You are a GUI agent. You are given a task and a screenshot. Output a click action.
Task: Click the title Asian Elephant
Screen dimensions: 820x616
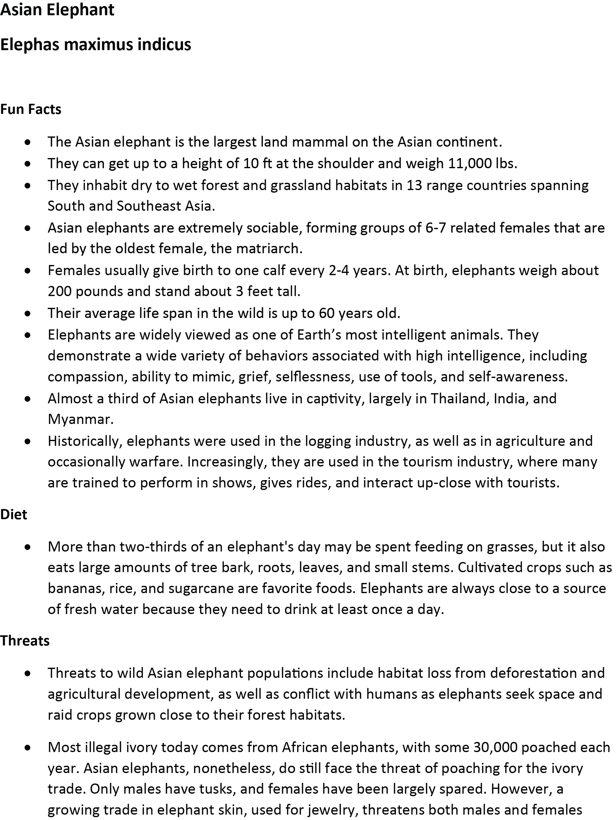click(57, 10)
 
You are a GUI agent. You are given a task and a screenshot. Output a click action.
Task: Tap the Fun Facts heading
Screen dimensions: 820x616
click(31, 109)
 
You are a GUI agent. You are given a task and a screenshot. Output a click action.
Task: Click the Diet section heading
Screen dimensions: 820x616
click(14, 514)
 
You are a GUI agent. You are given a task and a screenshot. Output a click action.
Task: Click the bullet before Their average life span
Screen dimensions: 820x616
click(28, 314)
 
